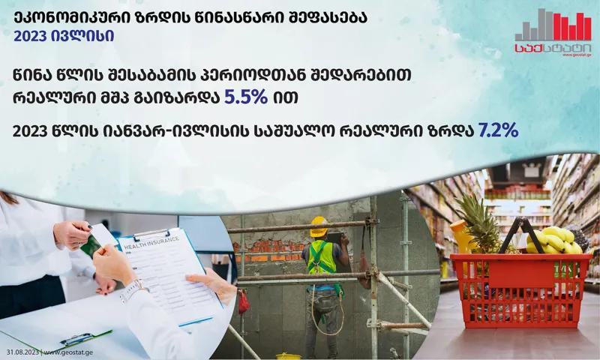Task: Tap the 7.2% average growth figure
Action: pyautogui.click(x=497, y=130)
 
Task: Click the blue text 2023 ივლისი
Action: pyautogui.click(x=65, y=35)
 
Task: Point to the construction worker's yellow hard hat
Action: pyautogui.click(x=319, y=226)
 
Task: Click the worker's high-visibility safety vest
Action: pyautogui.click(x=322, y=258)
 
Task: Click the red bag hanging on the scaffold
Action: pyautogui.click(x=244, y=302)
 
